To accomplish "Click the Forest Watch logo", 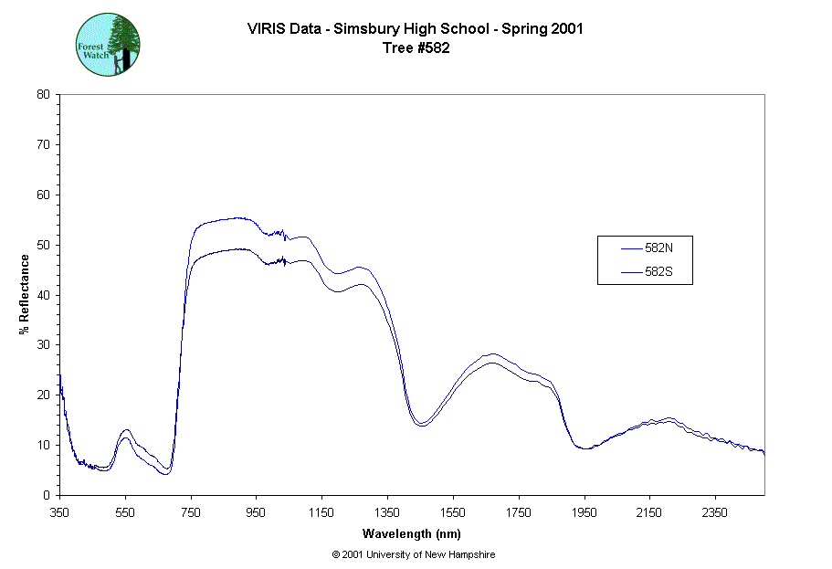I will [108, 44].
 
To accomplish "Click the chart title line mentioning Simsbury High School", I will [416, 28].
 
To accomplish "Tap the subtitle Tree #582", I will [416, 47].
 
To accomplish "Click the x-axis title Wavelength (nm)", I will [411, 532].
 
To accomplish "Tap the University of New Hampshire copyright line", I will [414, 554].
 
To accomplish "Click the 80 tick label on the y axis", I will [43, 94].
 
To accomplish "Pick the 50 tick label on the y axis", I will [43, 245].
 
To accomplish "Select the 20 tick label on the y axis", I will [43, 395].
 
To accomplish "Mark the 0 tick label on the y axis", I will [47, 495].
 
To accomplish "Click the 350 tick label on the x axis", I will [59, 512].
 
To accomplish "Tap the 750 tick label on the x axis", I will [191, 512].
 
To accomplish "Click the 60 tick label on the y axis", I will [43, 195].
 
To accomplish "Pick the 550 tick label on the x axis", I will [125, 512].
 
